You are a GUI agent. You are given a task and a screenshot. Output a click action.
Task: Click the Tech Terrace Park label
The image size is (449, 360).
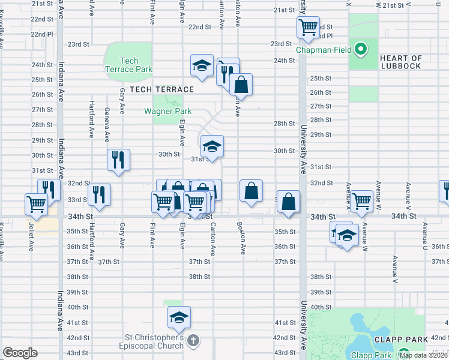(x=128, y=65)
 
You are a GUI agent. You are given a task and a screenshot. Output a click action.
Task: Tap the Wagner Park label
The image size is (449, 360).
(x=167, y=111)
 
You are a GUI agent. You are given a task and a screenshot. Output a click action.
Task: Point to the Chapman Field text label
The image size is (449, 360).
(x=324, y=50)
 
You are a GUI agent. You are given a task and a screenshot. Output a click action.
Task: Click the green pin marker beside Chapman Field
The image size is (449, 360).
(x=361, y=50)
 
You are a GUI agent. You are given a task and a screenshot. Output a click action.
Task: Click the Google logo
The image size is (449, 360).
(x=20, y=353)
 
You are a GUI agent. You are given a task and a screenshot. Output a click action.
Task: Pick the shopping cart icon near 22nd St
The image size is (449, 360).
(x=308, y=27)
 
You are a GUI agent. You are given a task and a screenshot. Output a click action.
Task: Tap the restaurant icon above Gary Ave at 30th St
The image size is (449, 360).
(x=118, y=160)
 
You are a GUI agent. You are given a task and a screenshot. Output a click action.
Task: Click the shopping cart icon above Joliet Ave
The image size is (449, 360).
(x=36, y=203)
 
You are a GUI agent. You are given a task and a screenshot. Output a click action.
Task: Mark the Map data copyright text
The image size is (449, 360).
(x=423, y=355)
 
